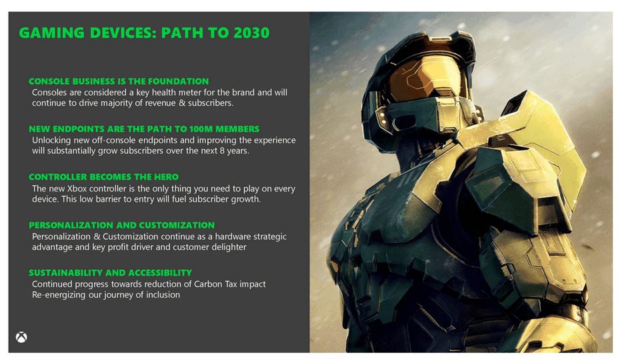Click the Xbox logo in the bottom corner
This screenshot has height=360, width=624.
[x=21, y=337]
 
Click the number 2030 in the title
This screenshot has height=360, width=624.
[x=251, y=33]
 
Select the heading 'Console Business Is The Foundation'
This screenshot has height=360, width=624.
[x=119, y=81]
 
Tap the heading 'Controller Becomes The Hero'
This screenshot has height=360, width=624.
[x=103, y=177]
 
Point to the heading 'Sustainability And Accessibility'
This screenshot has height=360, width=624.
[x=110, y=273]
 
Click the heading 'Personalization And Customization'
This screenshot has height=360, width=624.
[x=122, y=225]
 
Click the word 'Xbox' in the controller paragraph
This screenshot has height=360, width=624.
[x=77, y=189]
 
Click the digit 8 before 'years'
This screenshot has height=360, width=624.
[x=222, y=151]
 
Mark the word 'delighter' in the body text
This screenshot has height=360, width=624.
[x=229, y=247]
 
